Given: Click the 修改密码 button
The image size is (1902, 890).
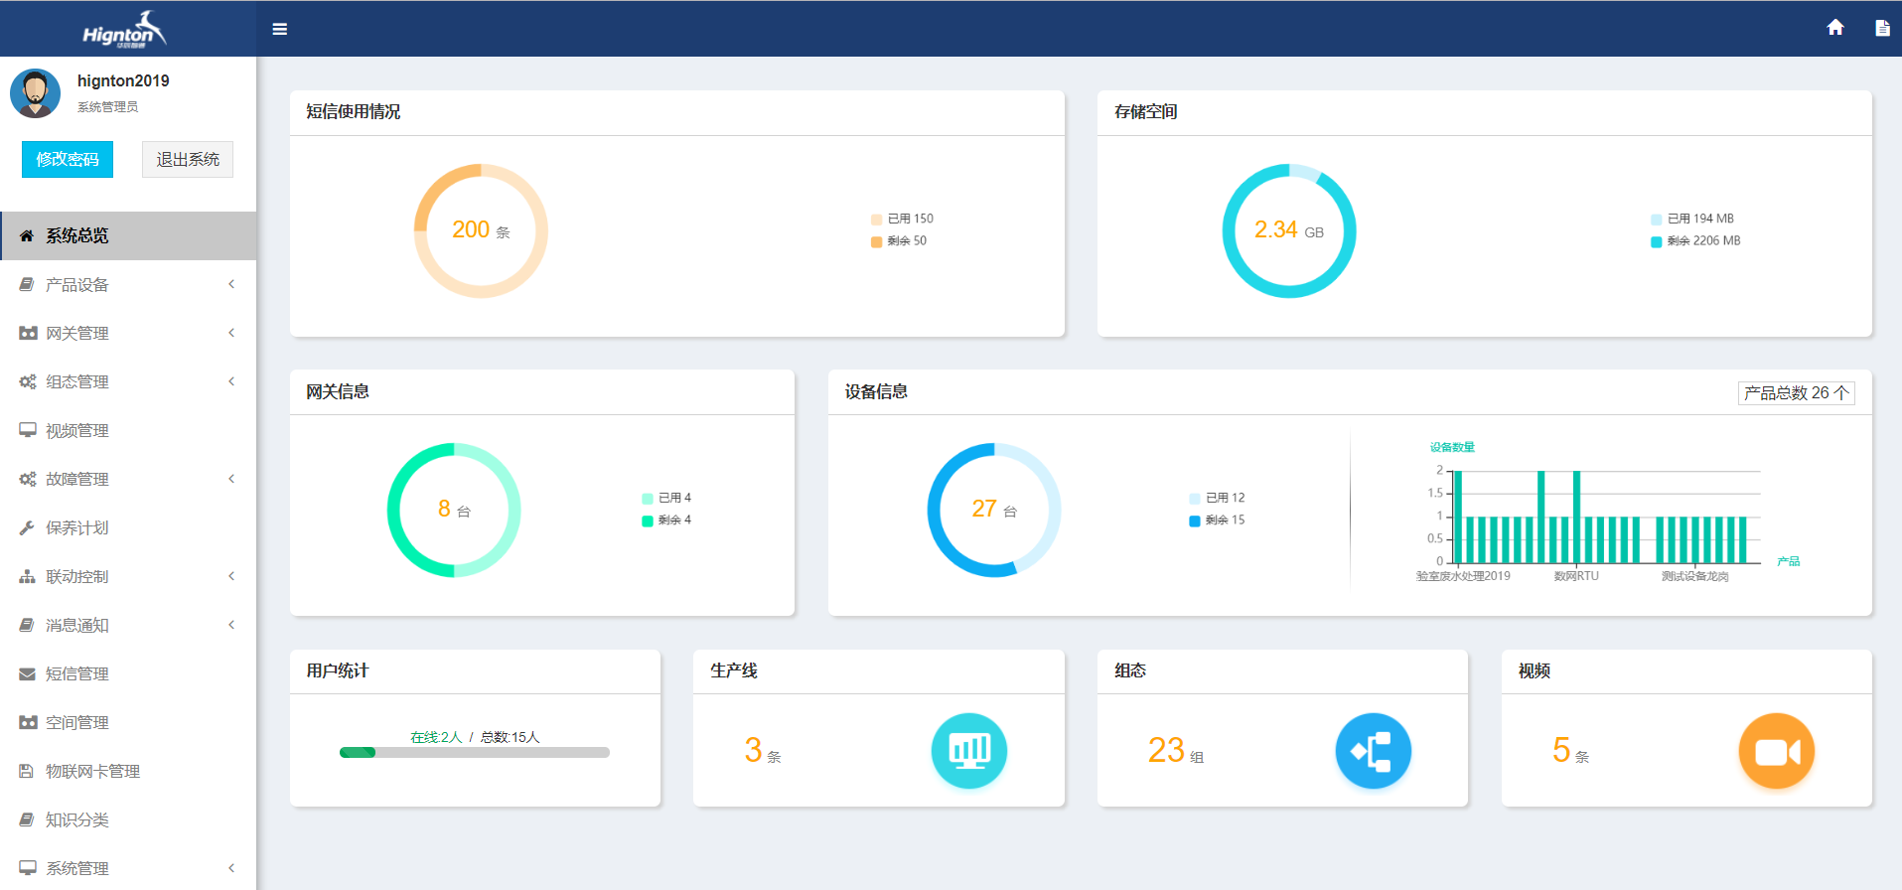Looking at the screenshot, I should click(68, 159).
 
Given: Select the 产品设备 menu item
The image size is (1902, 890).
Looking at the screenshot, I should click(77, 285).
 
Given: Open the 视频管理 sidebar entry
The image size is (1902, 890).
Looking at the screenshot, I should click(77, 431).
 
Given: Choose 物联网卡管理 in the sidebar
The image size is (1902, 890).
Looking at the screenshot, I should click(92, 772).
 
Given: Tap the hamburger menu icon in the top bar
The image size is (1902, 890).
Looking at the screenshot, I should click(280, 29).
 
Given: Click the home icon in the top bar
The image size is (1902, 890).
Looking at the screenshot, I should click(1835, 28).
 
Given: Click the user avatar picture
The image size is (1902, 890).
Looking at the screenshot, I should click(36, 93).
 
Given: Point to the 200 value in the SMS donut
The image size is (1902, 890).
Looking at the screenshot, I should click(471, 230).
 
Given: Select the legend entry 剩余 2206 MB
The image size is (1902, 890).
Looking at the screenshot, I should click(1702, 241).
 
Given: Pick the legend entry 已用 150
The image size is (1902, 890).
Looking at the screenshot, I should click(909, 219).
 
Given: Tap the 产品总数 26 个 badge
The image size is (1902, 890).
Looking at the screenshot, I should click(1796, 393).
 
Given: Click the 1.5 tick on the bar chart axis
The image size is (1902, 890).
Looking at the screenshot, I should click(1435, 493).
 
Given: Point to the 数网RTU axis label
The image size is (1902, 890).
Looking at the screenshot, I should click(1576, 576).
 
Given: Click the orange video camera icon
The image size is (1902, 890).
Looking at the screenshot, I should click(1776, 751).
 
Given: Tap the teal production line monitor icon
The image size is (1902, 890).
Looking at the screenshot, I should click(968, 751).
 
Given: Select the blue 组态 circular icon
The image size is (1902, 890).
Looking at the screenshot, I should click(1373, 751).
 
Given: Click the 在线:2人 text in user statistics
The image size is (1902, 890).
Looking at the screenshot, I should click(436, 737).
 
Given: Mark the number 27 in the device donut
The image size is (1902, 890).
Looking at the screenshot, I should click(983, 510).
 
